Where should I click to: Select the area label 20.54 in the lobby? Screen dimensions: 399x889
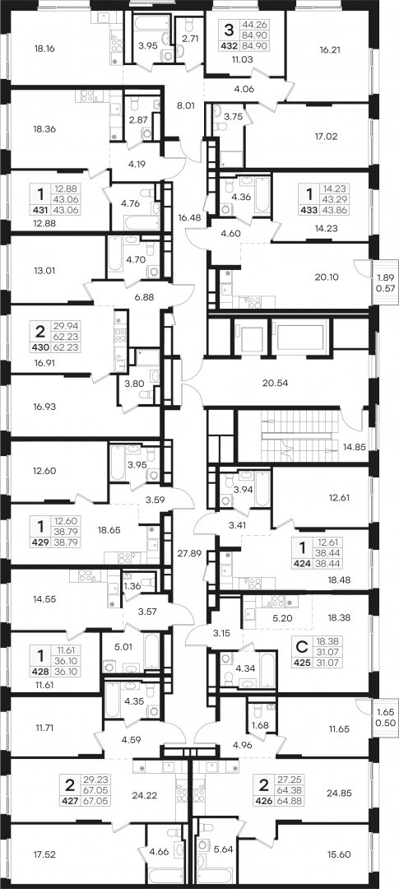(276, 382)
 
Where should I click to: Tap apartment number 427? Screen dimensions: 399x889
(71, 801)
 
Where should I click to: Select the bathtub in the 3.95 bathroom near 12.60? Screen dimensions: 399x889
(118, 463)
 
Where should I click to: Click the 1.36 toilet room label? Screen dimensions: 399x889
(132, 586)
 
